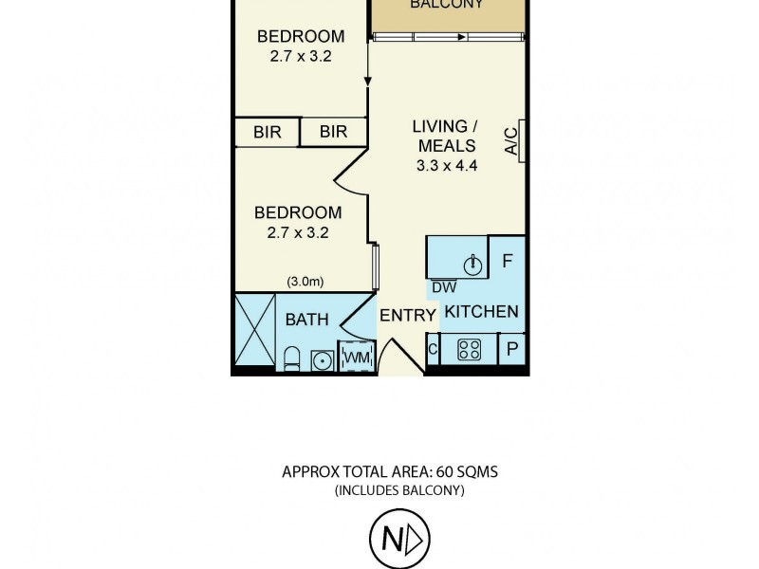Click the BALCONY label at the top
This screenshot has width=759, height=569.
pos(447,5)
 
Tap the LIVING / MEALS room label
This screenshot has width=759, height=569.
pos(445,136)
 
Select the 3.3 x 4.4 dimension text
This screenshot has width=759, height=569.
pos(445,165)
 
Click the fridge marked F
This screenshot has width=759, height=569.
pos(507,259)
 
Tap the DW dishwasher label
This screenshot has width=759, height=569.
pos(442,287)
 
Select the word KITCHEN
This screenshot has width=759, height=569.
pos(482,311)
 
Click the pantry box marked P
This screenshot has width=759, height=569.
pos(512,349)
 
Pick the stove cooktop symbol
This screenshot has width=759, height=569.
pos(469,349)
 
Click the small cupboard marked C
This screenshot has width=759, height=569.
pos(433,349)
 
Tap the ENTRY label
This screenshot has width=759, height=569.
pos(407,316)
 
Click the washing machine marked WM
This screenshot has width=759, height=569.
pos(356,357)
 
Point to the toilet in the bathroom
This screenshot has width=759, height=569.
pos(292,358)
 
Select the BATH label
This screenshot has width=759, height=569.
pos(306,320)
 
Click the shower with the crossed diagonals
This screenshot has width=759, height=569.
pos(254,332)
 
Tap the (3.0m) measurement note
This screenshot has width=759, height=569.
pos(305,281)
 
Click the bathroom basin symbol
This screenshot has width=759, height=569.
pos(323,358)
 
